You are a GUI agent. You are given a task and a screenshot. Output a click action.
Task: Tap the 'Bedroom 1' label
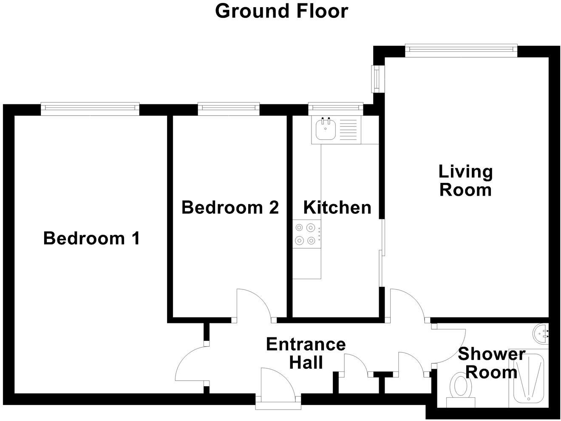point(91,239)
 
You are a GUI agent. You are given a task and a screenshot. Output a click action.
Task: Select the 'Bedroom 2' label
point(230,208)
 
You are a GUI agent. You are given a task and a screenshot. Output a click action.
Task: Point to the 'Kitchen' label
point(337,208)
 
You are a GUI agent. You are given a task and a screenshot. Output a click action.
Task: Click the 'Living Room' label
point(465,181)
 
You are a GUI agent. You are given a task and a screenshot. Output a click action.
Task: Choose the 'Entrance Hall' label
point(306,353)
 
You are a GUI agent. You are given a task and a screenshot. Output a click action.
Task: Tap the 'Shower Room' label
point(491,363)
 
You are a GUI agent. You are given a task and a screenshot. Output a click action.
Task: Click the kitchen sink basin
point(326,129)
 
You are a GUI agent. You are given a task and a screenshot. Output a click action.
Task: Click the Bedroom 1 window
point(90,109)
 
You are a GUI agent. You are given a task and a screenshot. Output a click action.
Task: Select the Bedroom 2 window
point(229,109)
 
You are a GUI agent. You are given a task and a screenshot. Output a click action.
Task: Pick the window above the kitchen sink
point(336,109)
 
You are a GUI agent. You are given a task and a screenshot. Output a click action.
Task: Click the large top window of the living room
point(461,51)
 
